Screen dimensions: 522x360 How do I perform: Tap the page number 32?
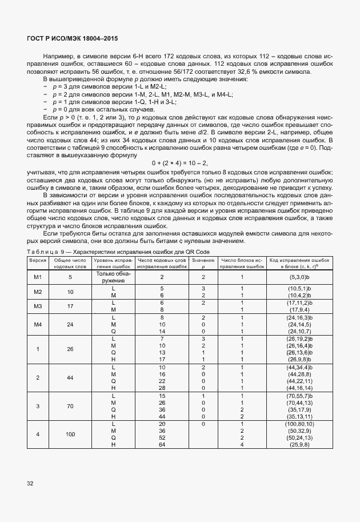point(29,484)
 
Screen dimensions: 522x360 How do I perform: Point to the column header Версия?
point(38,261)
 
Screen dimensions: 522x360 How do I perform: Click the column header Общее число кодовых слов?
point(70,263)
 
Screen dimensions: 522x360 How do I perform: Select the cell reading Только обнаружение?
point(114,276)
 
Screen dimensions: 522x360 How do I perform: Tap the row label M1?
point(38,277)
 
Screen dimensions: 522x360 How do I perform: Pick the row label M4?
point(38,324)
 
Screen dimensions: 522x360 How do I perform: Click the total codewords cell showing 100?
point(70,435)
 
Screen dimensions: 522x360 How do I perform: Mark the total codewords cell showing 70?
point(70,407)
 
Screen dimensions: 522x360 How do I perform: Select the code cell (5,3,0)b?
point(298,277)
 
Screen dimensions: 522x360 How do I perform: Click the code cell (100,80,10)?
point(298,424)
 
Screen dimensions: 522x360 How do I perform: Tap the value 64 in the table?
point(162,444)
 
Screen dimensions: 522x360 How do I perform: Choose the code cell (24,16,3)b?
point(298,317)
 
